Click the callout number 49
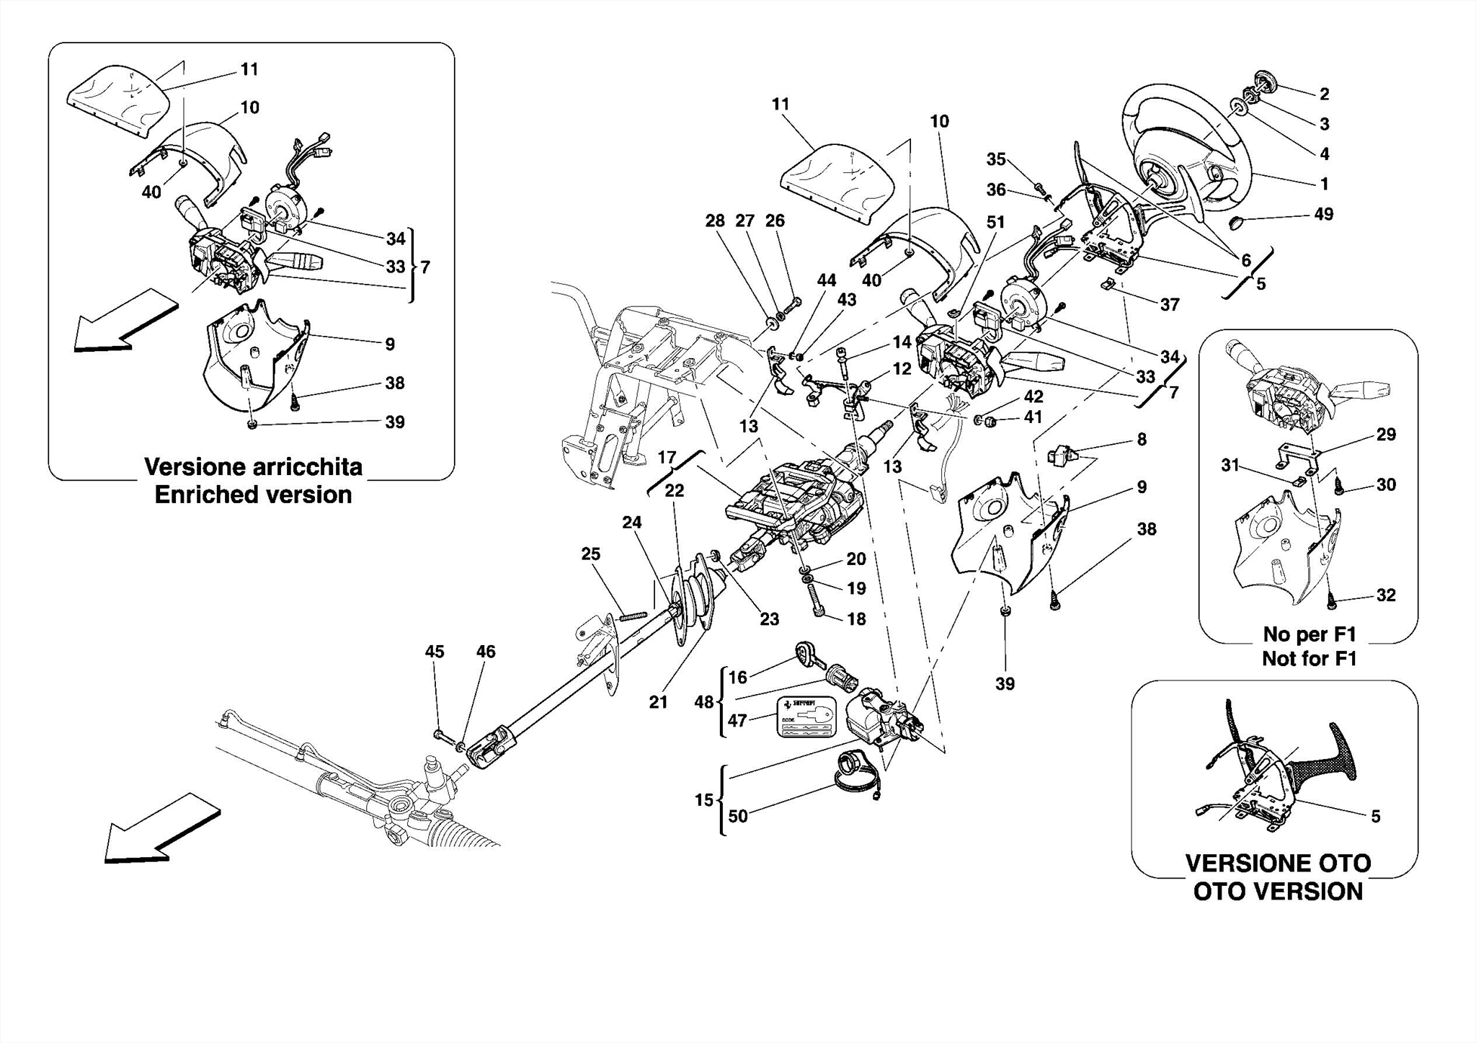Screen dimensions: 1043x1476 coord(1323,214)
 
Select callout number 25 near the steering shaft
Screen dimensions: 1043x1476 coord(590,554)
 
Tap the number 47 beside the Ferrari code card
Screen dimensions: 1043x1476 coord(737,720)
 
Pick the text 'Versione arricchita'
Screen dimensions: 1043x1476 coord(253,467)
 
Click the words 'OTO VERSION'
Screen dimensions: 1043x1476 coord(1278,892)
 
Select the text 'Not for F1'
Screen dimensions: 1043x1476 coord(1309,659)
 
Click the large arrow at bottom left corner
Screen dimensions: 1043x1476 coord(159,830)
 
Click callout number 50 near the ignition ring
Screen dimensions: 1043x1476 coord(737,816)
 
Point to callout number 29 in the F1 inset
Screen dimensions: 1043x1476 coord(1386,435)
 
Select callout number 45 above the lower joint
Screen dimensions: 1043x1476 coord(434,652)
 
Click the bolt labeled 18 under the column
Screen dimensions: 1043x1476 coord(816,603)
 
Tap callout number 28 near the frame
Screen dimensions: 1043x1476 coord(714,221)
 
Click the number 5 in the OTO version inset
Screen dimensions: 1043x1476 coord(1375,817)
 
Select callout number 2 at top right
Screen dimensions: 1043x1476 coord(1324,94)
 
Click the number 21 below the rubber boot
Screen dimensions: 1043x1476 coord(658,702)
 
